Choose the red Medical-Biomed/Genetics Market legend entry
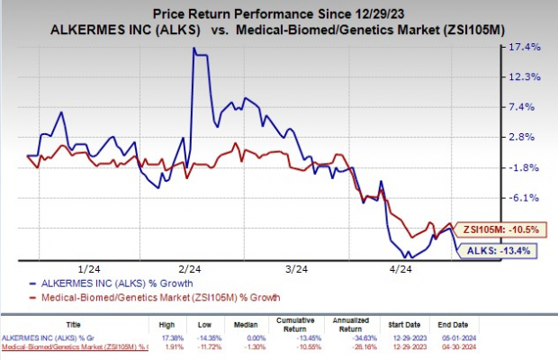[131, 296]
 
